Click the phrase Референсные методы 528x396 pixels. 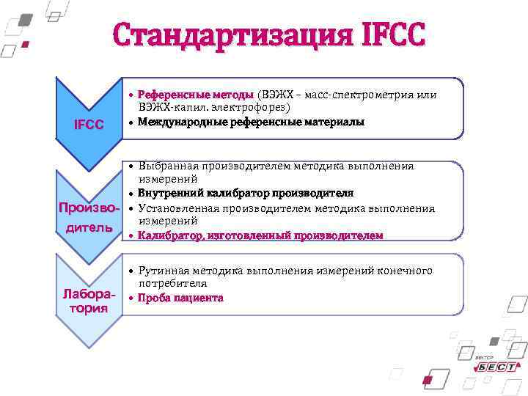(x=196, y=95)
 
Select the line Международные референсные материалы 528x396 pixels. (x=251, y=122)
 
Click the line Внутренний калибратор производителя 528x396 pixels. (x=246, y=194)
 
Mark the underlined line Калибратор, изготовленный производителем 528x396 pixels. (x=260, y=235)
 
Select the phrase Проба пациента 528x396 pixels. (x=180, y=298)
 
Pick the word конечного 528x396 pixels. (x=405, y=271)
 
